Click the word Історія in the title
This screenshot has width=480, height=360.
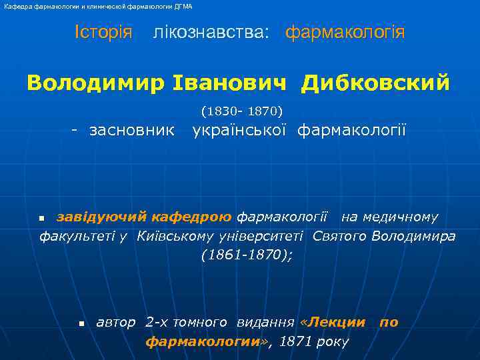tap(103, 32)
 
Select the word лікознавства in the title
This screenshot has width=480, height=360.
tap(211, 33)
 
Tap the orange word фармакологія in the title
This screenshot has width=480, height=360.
tap(345, 33)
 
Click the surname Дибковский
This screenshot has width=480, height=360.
tap(375, 83)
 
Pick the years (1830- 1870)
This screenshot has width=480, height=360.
tap(241, 110)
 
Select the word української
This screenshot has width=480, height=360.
tap(241, 129)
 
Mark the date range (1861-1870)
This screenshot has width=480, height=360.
tap(246, 255)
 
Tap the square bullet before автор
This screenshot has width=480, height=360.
tap(81, 323)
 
